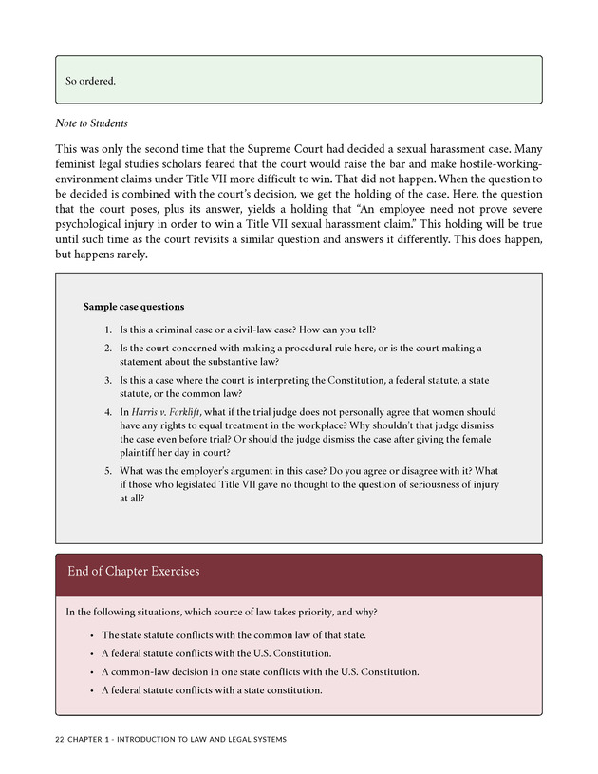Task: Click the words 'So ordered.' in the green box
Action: click(x=90, y=81)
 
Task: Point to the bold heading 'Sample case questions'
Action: click(x=134, y=307)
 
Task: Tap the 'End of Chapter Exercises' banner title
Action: click(x=134, y=572)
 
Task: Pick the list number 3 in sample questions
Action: click(x=107, y=380)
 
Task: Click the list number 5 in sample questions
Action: click(x=107, y=472)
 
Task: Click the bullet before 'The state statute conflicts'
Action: click(x=91, y=635)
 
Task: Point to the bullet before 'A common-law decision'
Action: click(x=91, y=671)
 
